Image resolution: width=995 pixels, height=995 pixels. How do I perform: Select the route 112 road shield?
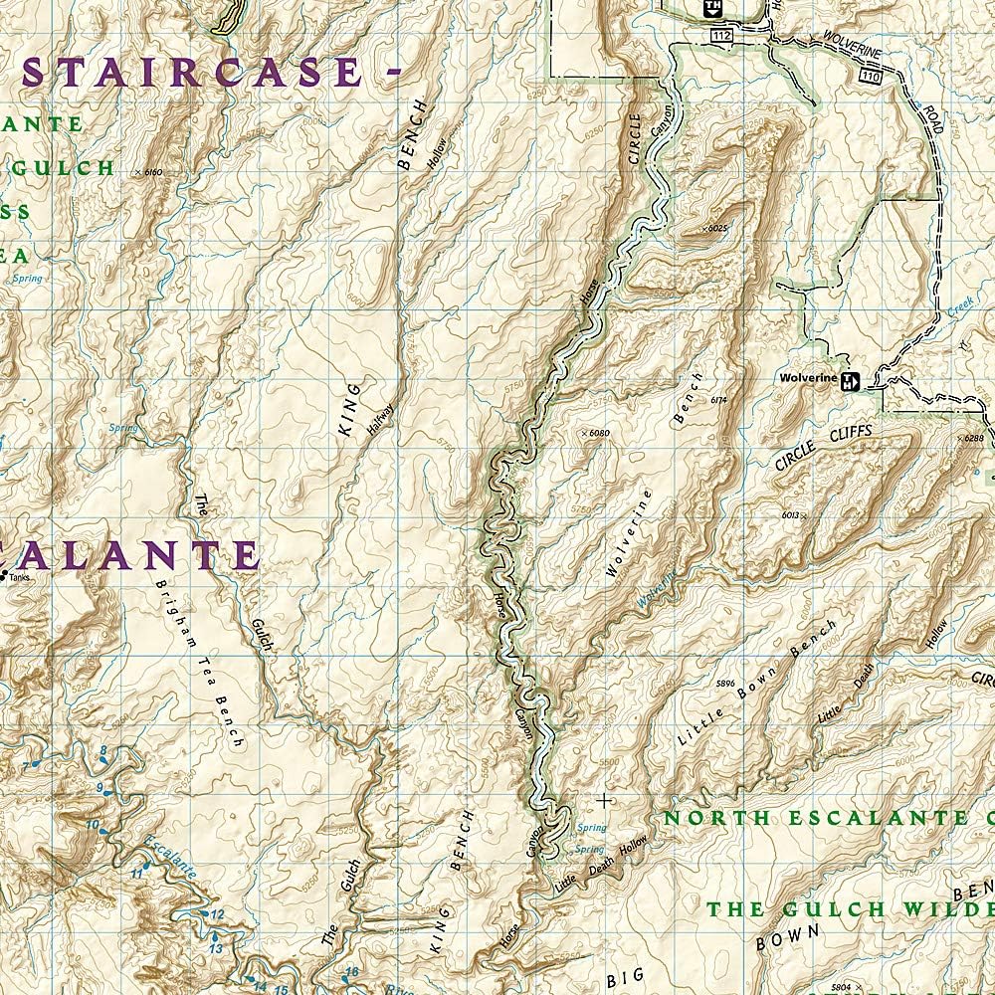click(722, 36)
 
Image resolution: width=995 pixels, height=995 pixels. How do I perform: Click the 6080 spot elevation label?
click(596, 433)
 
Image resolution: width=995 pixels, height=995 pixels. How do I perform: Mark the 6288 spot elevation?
click(973, 438)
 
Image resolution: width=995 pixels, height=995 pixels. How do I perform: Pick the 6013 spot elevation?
click(792, 514)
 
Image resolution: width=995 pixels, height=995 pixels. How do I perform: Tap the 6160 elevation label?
click(151, 172)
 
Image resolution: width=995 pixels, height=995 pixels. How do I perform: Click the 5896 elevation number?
click(725, 684)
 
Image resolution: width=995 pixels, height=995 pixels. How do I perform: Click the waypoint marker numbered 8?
click(102, 751)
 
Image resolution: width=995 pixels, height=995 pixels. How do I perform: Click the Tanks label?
click(20, 576)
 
